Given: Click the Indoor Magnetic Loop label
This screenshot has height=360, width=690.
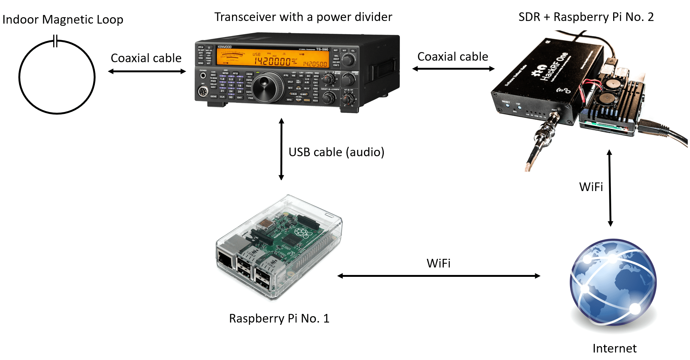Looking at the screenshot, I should click(63, 19).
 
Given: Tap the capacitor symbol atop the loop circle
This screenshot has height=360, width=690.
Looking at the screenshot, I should click(55, 41).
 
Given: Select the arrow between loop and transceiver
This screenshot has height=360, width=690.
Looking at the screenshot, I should click(147, 71).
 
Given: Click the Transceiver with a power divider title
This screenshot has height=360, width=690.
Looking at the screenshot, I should click(303, 17).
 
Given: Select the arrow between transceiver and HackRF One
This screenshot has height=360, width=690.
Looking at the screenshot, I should click(453, 69).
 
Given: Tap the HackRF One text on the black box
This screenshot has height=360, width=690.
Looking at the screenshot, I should click(554, 67).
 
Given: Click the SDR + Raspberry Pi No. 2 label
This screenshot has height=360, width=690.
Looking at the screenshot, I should click(586, 17).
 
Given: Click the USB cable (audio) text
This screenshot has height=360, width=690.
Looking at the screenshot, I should click(336, 152).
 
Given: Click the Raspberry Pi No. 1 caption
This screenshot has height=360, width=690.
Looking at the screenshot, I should click(279, 318).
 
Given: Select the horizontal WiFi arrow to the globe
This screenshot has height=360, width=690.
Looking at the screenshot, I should click(439, 276).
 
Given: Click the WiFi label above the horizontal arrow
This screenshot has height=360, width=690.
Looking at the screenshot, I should click(438, 263).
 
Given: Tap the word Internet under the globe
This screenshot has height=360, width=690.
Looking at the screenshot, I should click(614, 348).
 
